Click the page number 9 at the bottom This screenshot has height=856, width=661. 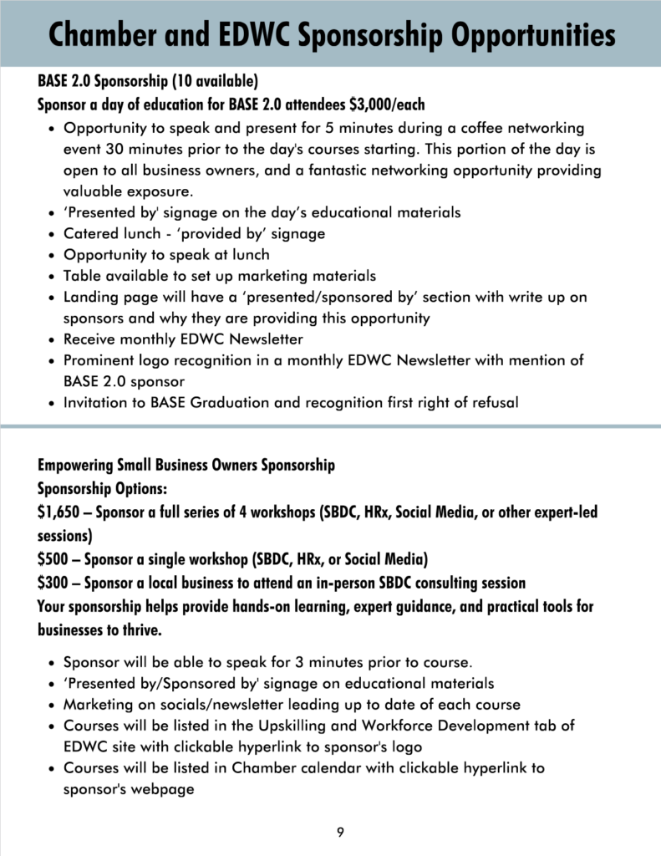point(340,832)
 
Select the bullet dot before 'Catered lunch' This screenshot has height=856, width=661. point(53,234)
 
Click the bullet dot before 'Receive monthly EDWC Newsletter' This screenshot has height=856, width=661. point(53,340)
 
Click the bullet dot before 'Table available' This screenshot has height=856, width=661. point(53,277)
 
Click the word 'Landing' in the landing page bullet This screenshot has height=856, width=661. point(89,298)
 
